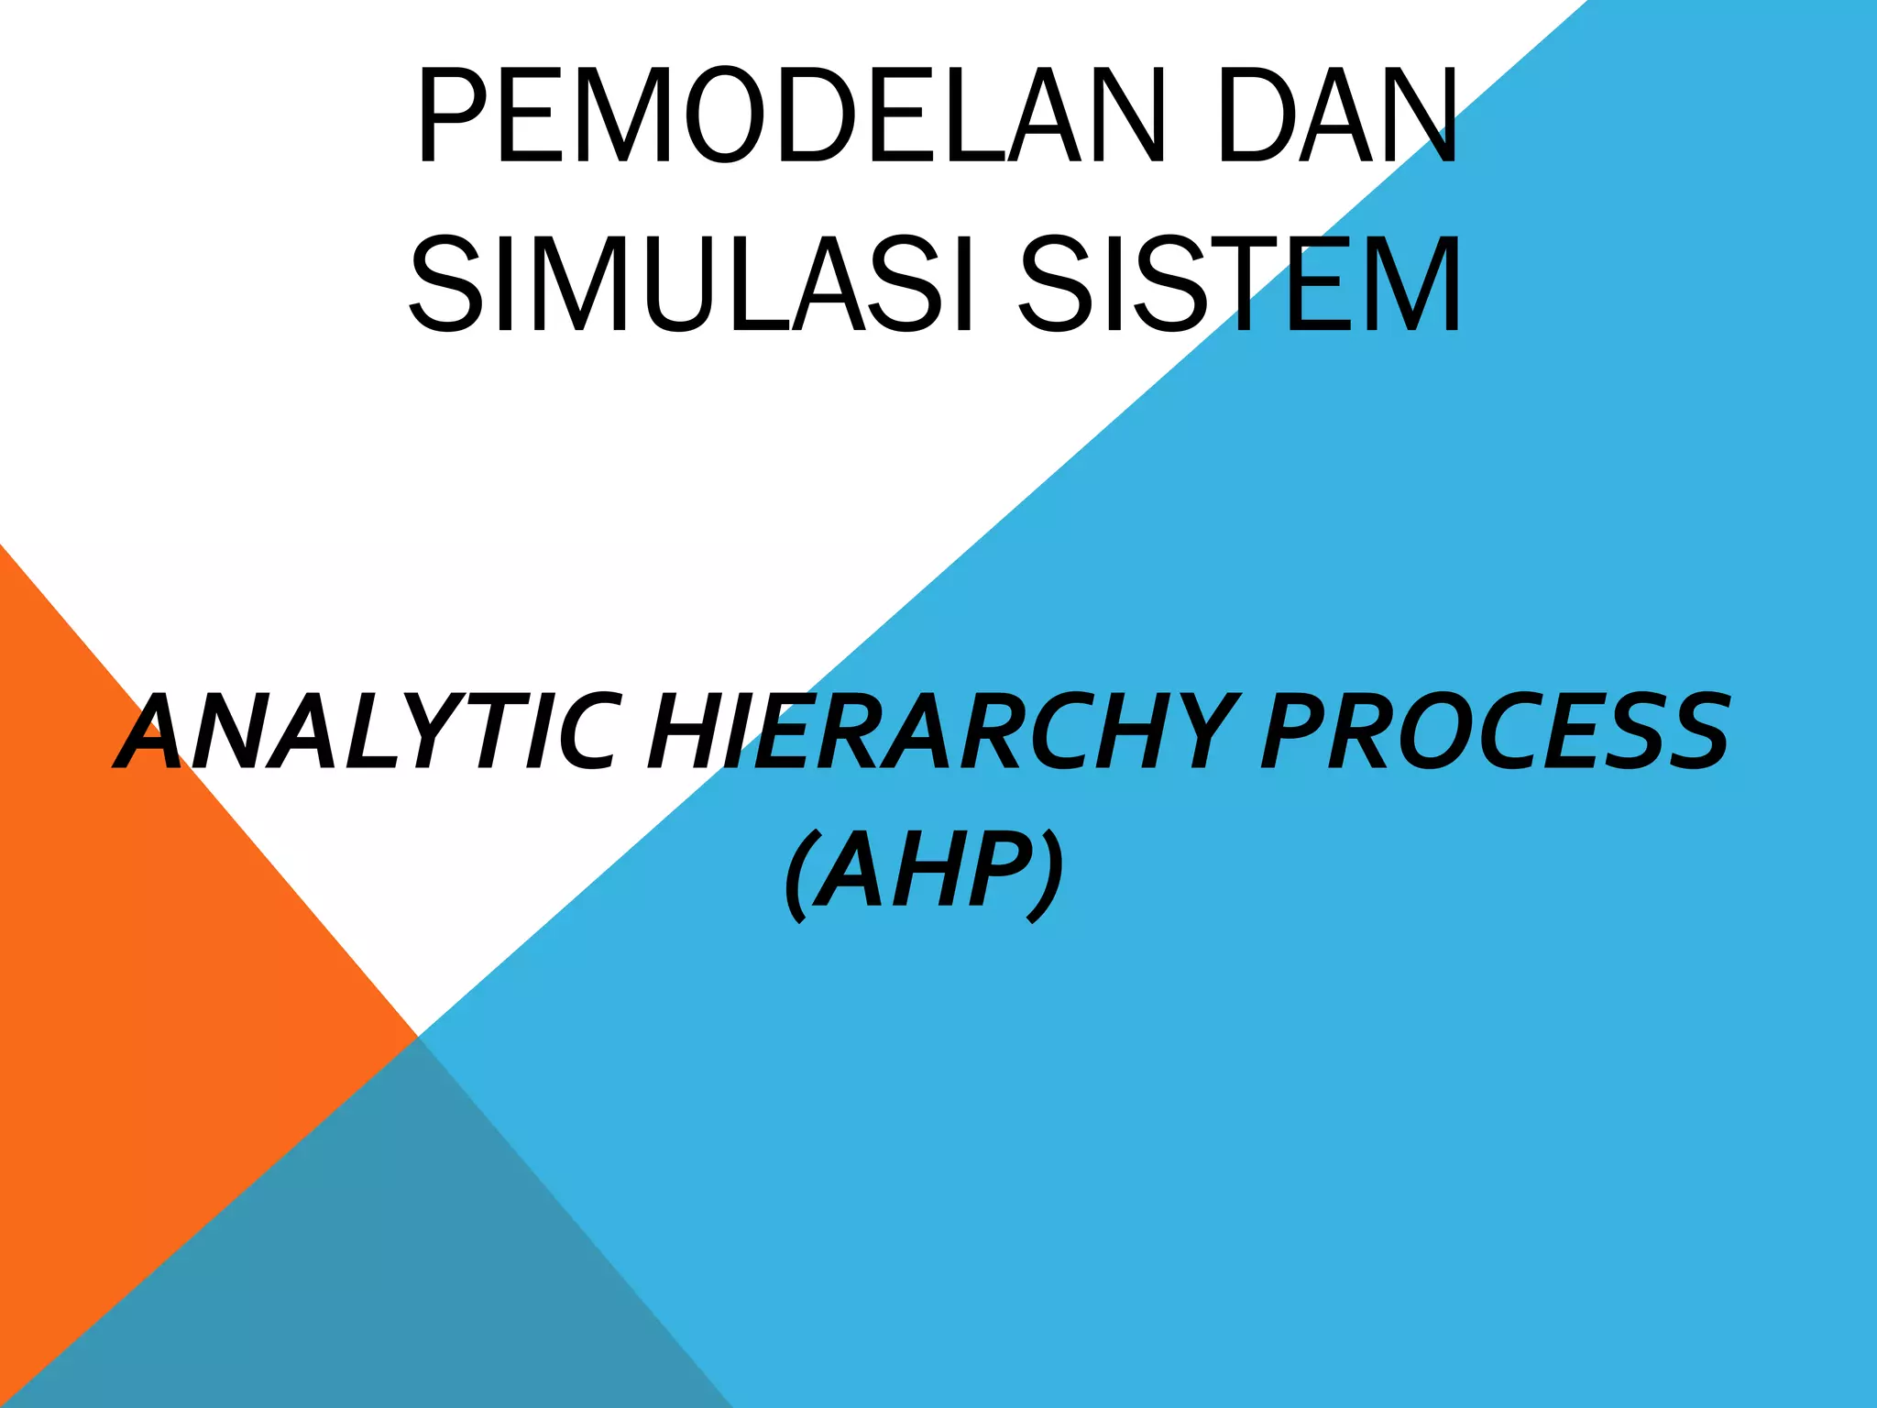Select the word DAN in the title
point(1337,116)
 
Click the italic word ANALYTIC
point(367,733)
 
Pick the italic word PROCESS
point(1494,733)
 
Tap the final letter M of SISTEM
point(1407,284)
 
